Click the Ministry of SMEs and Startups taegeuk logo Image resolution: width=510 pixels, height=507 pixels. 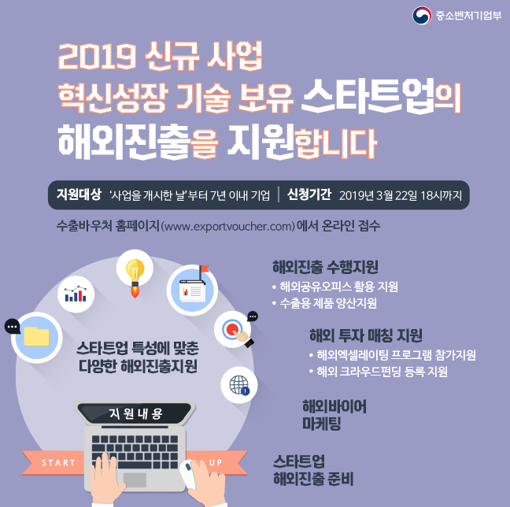(422, 15)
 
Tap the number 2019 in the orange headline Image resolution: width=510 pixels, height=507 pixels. (97, 57)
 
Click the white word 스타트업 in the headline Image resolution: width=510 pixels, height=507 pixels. (368, 96)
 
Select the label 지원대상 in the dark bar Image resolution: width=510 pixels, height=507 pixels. (79, 194)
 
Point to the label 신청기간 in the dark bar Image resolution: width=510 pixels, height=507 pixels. (309, 194)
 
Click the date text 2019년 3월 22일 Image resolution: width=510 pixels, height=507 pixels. (378, 195)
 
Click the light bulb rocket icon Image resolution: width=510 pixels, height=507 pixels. (135, 277)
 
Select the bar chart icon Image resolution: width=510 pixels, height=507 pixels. (76, 294)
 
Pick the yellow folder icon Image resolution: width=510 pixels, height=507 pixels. (37, 336)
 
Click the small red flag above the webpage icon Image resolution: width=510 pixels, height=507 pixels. (205, 269)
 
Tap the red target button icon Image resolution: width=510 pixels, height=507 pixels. (232, 329)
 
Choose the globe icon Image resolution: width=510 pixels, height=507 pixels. (239, 385)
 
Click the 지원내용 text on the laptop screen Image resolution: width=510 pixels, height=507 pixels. (135, 413)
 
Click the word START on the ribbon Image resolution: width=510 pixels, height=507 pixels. (58, 463)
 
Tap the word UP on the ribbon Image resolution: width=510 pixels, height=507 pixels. (216, 463)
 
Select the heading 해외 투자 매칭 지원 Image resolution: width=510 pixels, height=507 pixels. (366, 335)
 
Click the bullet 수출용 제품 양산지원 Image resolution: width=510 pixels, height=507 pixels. (328, 303)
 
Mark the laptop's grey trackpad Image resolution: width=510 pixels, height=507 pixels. (135, 479)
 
